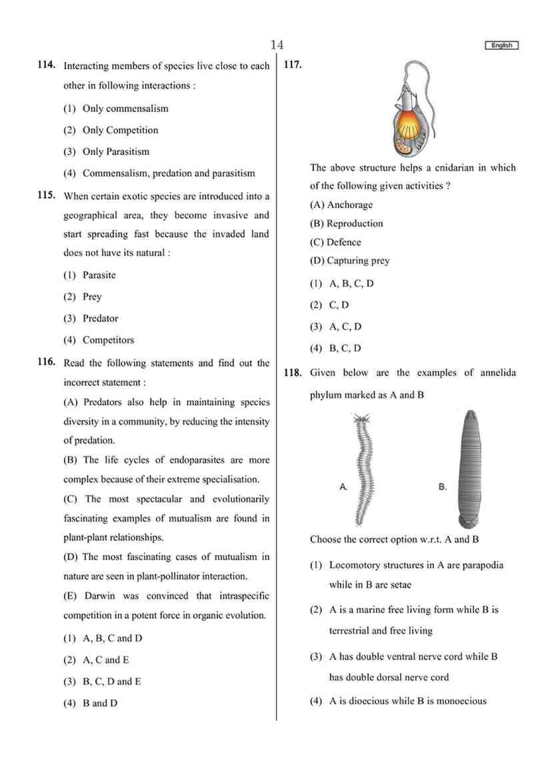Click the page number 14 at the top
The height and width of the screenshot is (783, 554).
pos(277,45)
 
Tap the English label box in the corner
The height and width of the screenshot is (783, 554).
pos(501,45)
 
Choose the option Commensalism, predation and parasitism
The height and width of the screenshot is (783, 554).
pos(168,173)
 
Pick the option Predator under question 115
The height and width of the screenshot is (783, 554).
pos(100,318)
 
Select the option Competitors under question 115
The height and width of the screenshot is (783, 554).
pos(108,340)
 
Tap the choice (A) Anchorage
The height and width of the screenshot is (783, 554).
pos(341,205)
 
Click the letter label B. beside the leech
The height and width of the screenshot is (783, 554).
pos(442,488)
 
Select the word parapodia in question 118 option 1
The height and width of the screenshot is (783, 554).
pos(480,565)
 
